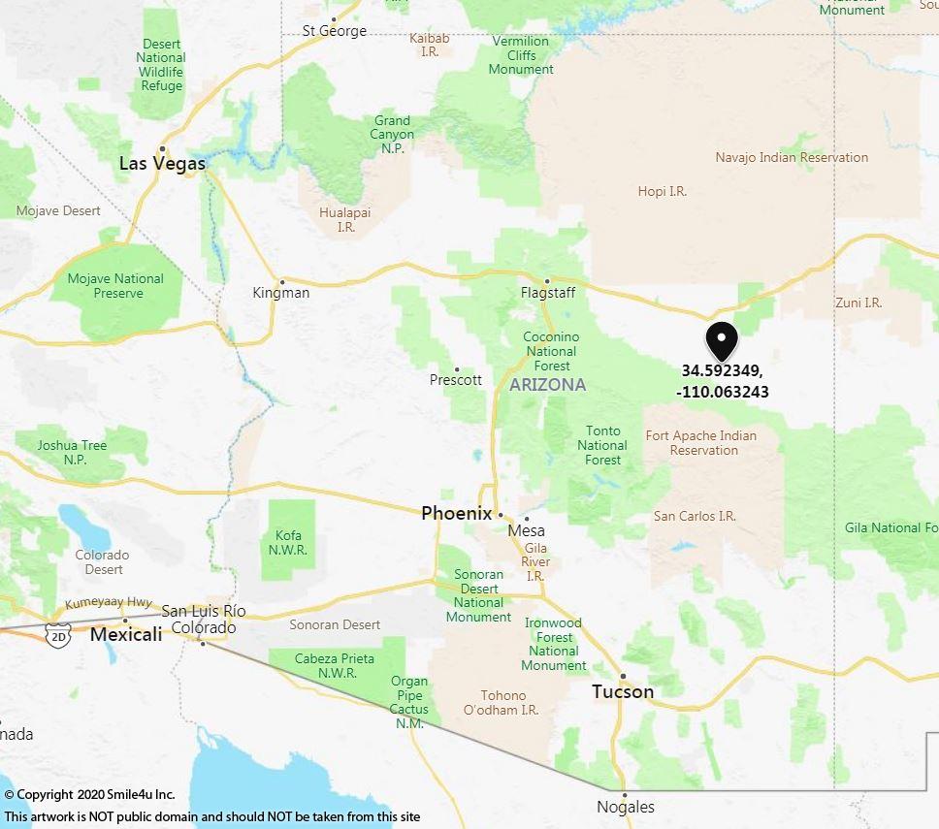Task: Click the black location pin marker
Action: point(722,340)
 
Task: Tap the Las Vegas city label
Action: point(162,163)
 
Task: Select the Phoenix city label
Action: point(456,513)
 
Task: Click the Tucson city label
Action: point(623,691)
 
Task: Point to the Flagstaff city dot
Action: point(546,281)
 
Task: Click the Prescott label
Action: point(455,379)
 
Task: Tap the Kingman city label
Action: point(280,292)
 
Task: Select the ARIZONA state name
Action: point(547,385)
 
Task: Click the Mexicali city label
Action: point(126,634)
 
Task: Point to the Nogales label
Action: point(625,807)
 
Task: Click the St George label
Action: point(335,30)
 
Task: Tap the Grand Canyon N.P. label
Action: point(392,135)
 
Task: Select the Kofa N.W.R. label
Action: point(288,542)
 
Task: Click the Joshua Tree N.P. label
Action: point(72,453)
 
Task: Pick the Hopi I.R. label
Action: point(662,191)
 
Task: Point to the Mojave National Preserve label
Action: point(115,286)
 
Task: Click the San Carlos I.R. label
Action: point(695,516)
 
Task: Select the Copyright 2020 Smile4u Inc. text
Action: point(89,795)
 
